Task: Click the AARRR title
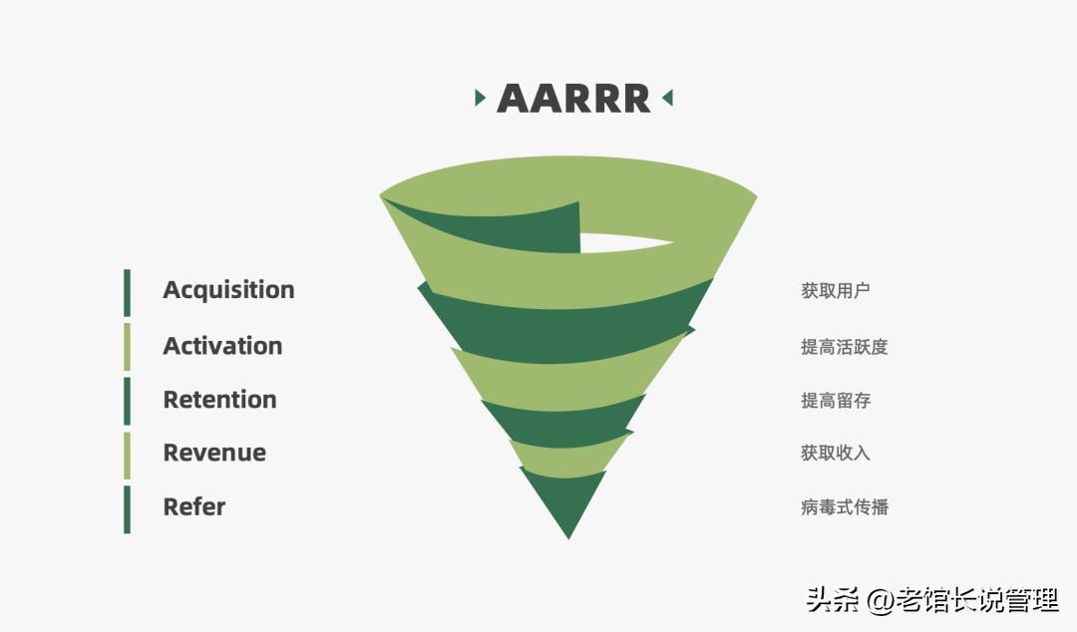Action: point(573,99)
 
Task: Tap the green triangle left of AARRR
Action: point(480,98)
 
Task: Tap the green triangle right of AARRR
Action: point(667,98)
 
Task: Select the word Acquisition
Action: point(228,290)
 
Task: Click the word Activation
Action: point(222,346)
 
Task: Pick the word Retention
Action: point(219,399)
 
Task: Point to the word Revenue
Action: point(214,453)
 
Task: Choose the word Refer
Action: point(194,507)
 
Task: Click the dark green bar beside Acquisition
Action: point(127,293)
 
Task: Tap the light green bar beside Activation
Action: point(127,347)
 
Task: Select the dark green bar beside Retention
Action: point(127,401)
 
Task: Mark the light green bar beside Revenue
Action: point(127,456)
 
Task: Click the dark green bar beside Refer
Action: point(127,509)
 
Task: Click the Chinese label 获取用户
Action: point(836,291)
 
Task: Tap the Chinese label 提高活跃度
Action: point(845,347)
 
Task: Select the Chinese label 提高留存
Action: point(836,401)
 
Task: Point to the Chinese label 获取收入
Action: point(836,453)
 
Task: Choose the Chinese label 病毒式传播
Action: point(845,507)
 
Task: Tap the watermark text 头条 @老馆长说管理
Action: point(932,600)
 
